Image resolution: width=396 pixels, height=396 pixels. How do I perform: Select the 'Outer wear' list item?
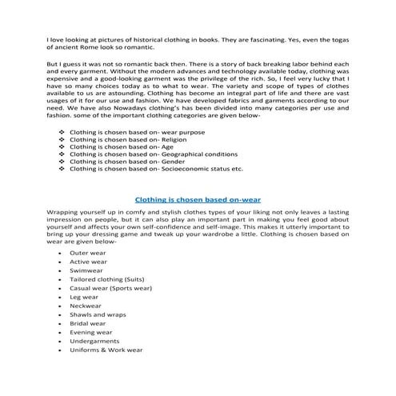(87, 253)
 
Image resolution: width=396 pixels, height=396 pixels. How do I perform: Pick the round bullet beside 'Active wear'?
(62, 262)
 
